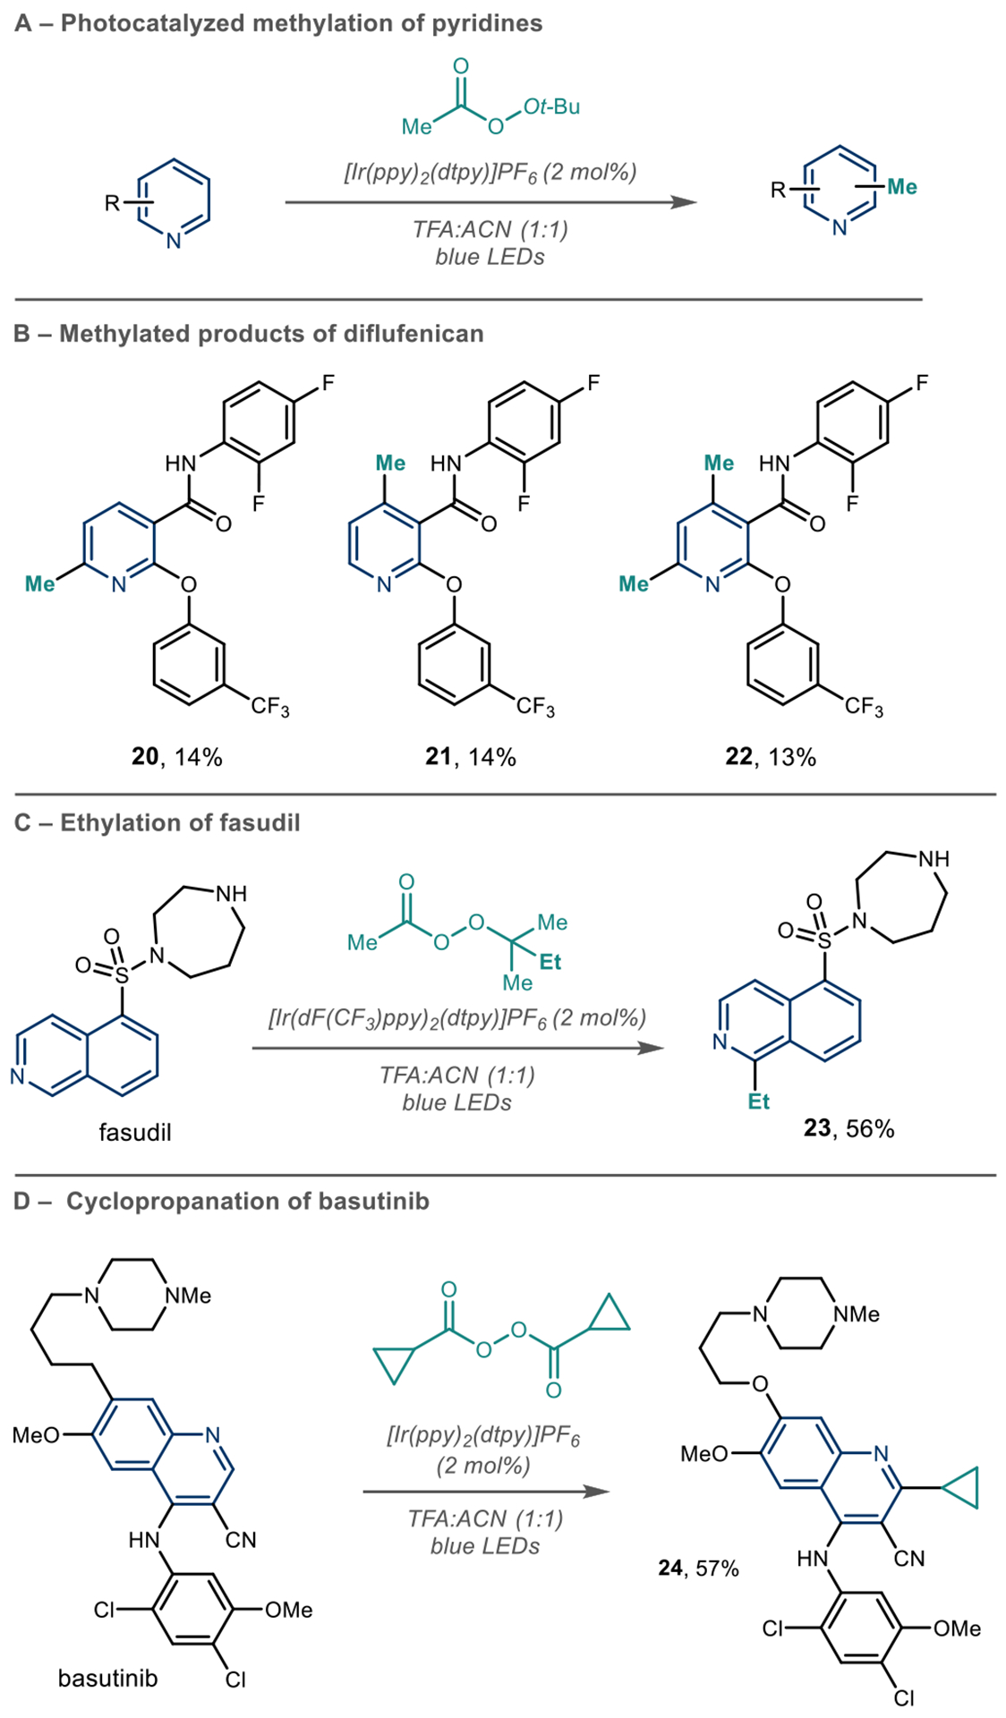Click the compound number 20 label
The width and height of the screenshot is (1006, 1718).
[144, 757]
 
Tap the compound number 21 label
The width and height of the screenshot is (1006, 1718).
[438, 757]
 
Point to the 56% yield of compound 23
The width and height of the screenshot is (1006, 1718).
[870, 1128]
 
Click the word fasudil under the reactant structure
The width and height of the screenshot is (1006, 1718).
[134, 1132]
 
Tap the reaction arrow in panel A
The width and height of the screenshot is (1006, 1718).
[490, 202]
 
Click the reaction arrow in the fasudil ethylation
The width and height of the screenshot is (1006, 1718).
[457, 1047]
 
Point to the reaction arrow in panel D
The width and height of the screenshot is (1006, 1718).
[485, 1492]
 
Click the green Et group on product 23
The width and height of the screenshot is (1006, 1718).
[758, 1101]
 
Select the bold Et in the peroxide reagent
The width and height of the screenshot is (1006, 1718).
[550, 962]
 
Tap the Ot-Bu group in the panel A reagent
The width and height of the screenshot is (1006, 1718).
[551, 107]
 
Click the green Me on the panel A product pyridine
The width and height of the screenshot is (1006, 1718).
[901, 187]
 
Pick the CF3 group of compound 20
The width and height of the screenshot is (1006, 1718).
[269, 708]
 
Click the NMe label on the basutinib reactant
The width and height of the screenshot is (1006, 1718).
[189, 1296]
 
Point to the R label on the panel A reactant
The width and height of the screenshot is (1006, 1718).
[112, 203]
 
